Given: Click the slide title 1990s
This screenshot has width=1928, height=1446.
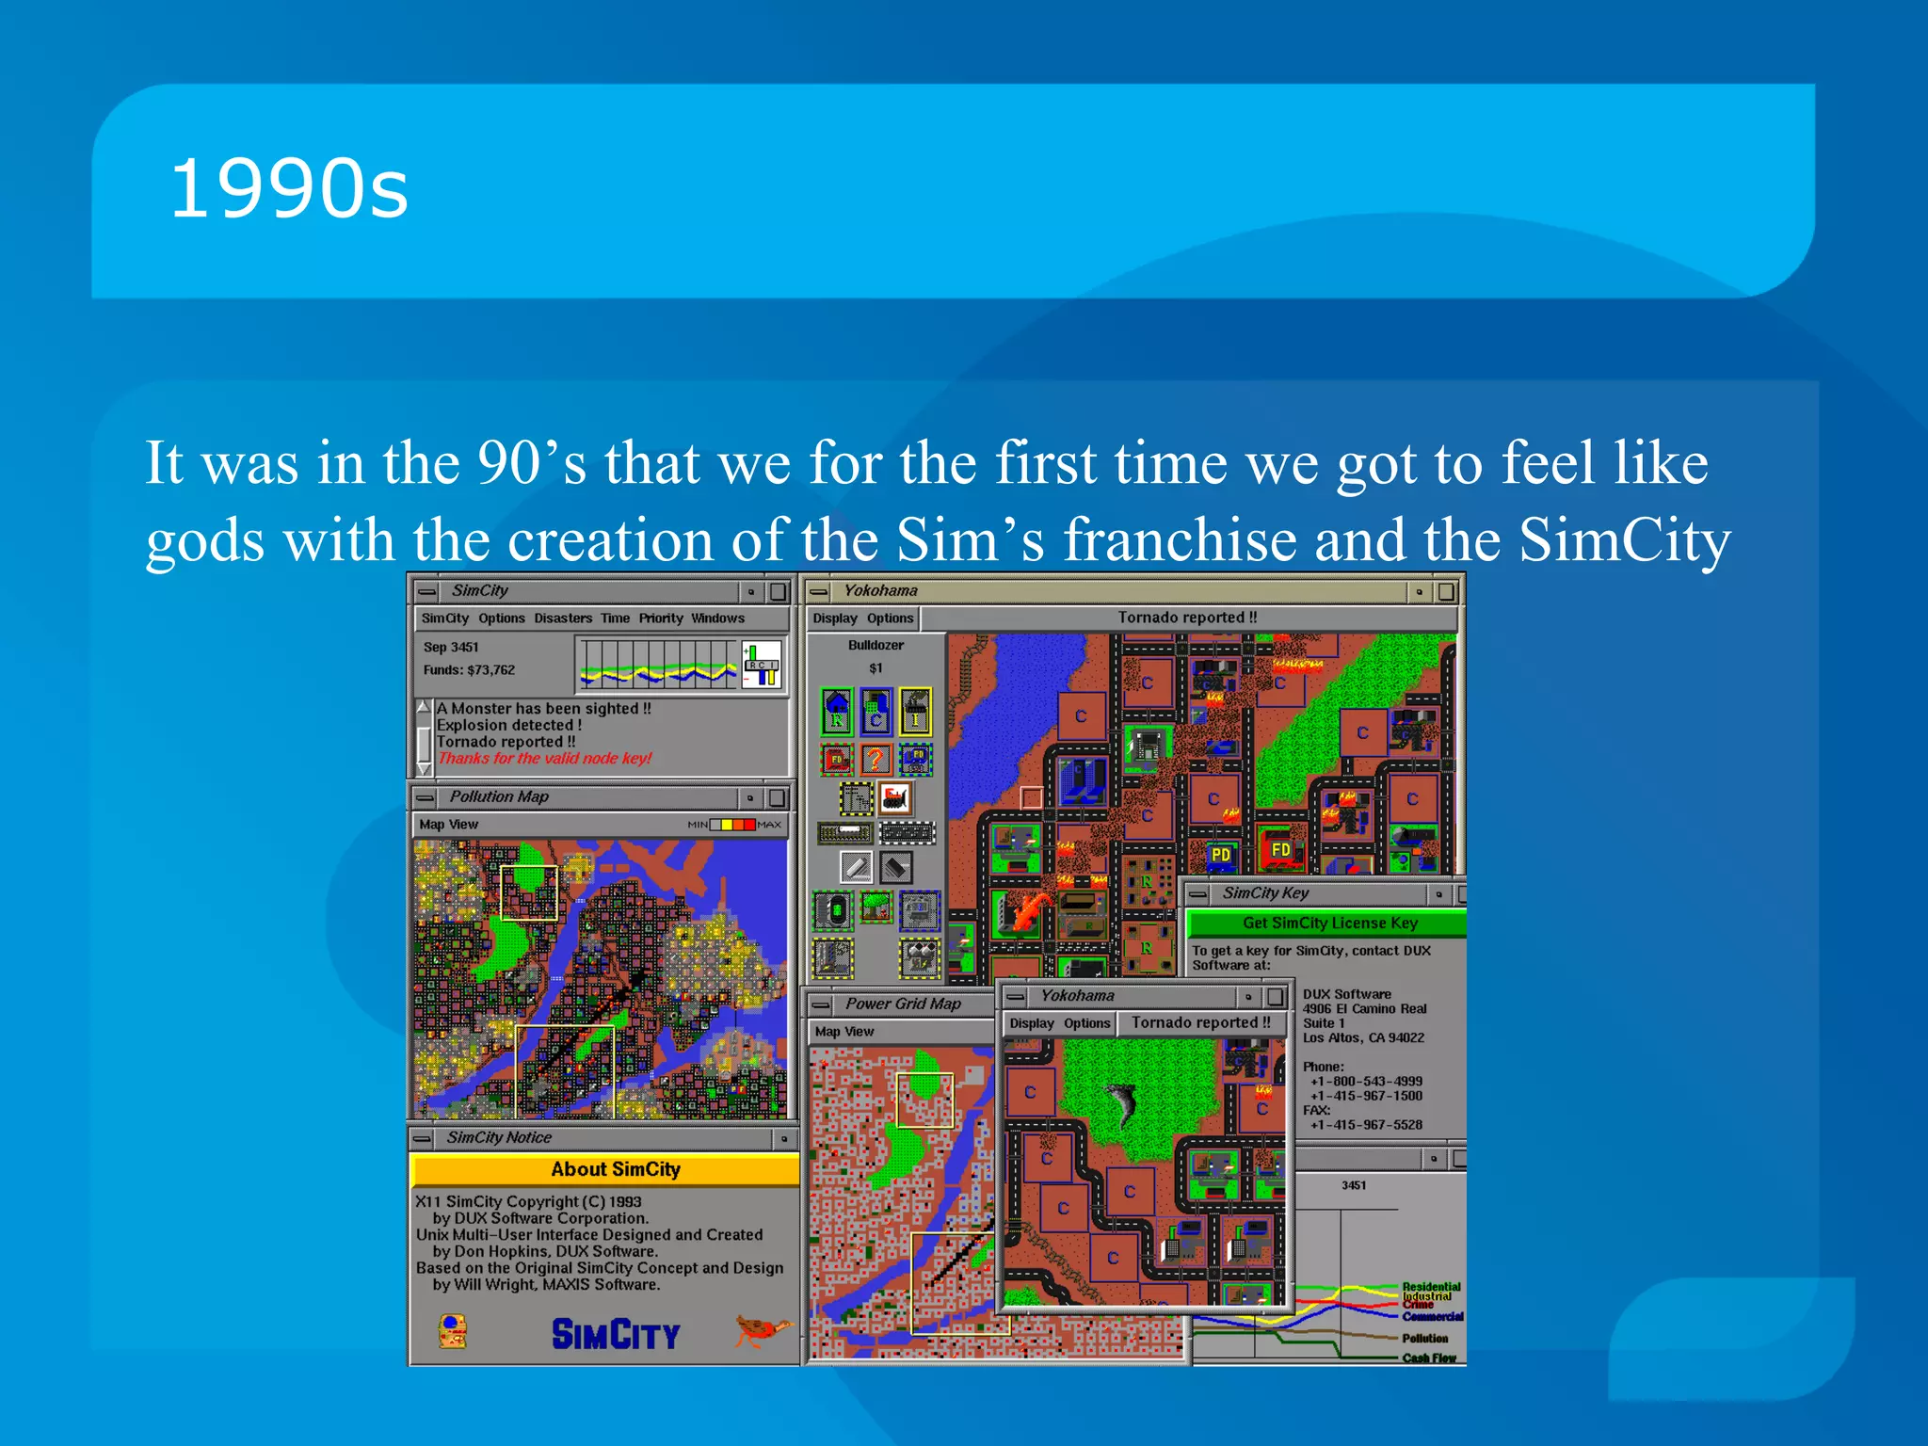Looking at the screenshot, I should (288, 190).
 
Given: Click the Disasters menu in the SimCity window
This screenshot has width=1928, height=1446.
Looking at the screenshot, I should (563, 619).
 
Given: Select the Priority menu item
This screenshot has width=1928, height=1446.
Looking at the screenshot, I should (661, 619).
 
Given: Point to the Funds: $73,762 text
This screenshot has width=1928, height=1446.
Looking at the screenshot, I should (469, 670).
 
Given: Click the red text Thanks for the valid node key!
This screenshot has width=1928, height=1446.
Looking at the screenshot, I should (545, 759).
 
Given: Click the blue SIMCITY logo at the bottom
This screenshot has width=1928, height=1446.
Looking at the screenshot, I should (615, 1334).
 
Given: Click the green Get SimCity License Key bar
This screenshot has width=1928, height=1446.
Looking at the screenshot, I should (1327, 923).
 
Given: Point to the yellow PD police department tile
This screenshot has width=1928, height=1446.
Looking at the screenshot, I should (1221, 854).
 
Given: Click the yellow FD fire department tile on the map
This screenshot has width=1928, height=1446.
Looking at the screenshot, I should (1281, 849).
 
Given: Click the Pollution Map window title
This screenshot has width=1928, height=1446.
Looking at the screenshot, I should (499, 796).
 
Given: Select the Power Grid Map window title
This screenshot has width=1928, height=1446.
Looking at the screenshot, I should (902, 1004).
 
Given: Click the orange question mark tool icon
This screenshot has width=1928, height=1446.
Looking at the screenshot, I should (876, 758).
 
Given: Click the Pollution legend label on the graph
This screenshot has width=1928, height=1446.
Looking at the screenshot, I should (1424, 1338).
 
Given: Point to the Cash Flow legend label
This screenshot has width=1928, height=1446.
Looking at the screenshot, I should (1428, 1358).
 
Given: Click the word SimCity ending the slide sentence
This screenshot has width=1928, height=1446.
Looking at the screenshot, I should (1624, 541).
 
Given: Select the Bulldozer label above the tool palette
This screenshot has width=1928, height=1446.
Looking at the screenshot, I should (876, 645).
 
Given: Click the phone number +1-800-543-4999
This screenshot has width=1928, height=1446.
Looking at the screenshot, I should (1366, 1081).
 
